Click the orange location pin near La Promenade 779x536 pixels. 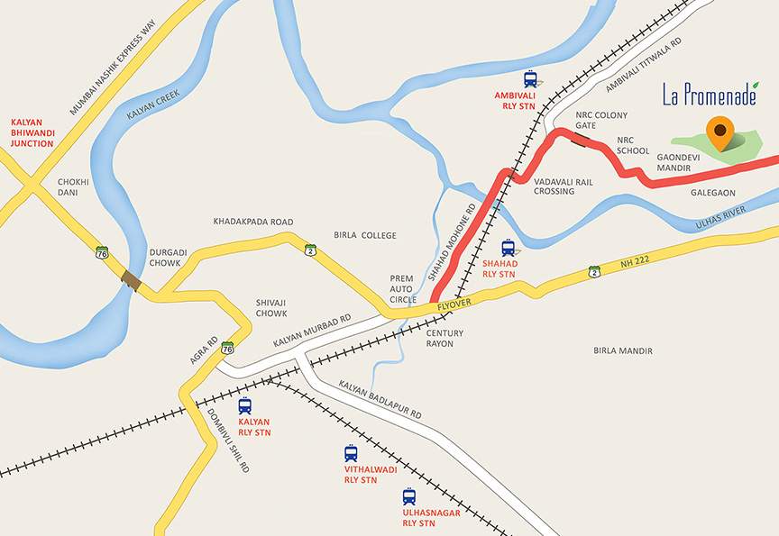pyautogui.click(x=719, y=132)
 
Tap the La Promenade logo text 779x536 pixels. pyautogui.click(x=709, y=95)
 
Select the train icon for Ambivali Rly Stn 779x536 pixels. pyautogui.click(x=530, y=79)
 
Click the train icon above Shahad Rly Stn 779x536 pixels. pyautogui.click(x=509, y=247)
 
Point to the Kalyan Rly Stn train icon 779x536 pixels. pyautogui.click(x=245, y=405)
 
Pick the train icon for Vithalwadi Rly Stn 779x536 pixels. pyautogui.click(x=351, y=454)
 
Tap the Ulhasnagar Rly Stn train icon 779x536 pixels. pyautogui.click(x=409, y=496)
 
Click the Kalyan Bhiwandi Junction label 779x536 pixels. pyautogui.click(x=32, y=132)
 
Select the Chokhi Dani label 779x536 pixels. pyautogui.click(x=73, y=187)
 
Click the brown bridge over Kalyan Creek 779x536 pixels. pyautogui.click(x=133, y=280)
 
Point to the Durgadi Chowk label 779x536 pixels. pyautogui.click(x=166, y=258)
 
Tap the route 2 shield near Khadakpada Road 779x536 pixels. pyautogui.click(x=310, y=249)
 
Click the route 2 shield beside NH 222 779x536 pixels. pyautogui.click(x=594, y=270)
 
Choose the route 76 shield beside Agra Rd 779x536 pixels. pyautogui.click(x=228, y=347)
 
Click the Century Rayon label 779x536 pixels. pyautogui.click(x=445, y=339)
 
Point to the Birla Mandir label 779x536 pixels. pyautogui.click(x=622, y=350)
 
